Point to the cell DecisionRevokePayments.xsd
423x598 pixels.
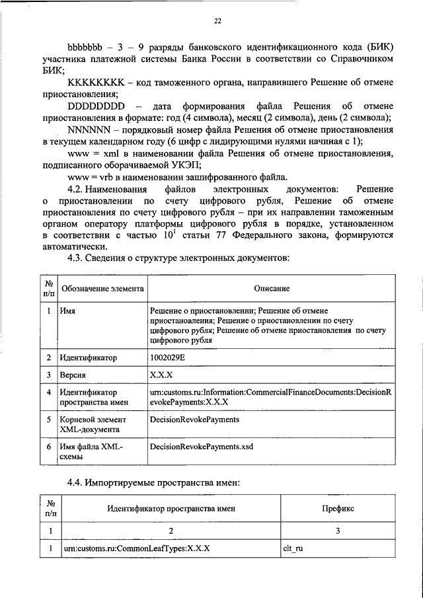pyautogui.click(x=202, y=447)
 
